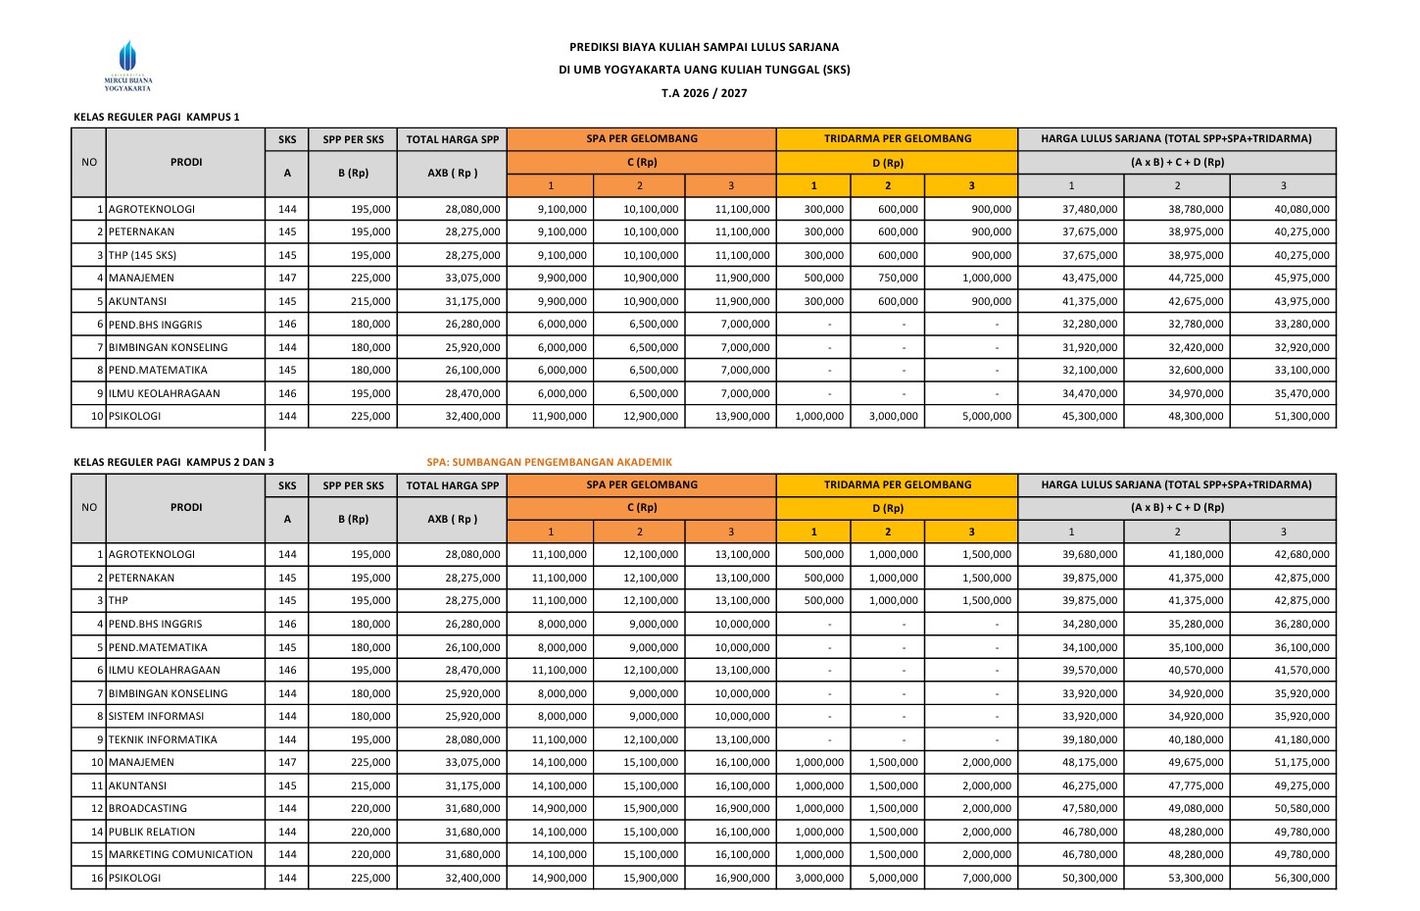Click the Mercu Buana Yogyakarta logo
point(128,66)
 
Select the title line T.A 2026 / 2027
point(704,93)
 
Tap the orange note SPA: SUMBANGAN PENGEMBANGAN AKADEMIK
point(549,462)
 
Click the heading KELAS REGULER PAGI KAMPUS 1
point(156,117)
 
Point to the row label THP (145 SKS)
point(143,255)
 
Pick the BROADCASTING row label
point(148,809)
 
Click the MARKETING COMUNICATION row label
point(180,855)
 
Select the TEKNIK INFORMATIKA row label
point(163,740)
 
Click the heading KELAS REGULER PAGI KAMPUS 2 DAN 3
point(173,462)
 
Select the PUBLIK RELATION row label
point(152,833)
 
